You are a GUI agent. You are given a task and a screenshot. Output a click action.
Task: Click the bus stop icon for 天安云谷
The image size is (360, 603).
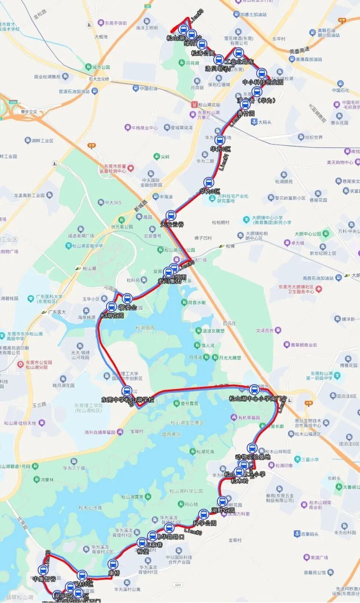[x=171, y=216]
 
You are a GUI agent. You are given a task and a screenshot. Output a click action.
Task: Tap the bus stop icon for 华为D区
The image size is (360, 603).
[x=208, y=183]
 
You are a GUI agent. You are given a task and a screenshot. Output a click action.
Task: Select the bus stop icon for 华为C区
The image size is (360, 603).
[x=220, y=140]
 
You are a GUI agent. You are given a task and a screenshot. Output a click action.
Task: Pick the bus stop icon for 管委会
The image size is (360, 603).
[x=127, y=299]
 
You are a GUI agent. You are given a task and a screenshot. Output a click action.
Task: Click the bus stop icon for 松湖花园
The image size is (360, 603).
[x=111, y=307]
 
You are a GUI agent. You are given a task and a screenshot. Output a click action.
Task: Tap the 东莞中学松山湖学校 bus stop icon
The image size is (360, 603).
[x=127, y=391]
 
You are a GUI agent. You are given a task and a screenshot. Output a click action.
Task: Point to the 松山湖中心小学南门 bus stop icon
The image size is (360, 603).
[x=254, y=390]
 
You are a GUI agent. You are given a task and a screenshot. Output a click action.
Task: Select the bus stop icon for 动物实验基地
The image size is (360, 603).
[x=252, y=448]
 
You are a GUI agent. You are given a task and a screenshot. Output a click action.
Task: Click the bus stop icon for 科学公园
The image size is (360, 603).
[x=204, y=514]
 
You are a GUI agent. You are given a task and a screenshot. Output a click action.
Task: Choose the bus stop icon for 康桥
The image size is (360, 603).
[x=113, y=564]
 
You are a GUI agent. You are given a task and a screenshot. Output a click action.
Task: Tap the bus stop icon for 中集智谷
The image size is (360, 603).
[x=44, y=570]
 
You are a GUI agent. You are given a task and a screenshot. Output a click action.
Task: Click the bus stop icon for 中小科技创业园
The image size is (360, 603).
[x=261, y=73]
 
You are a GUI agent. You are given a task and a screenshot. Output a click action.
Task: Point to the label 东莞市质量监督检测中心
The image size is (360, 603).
[x=115, y=169]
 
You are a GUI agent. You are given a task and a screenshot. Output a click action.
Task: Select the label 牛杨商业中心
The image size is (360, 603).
[x=144, y=128]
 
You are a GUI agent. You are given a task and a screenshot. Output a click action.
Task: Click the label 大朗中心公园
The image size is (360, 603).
[x=308, y=234]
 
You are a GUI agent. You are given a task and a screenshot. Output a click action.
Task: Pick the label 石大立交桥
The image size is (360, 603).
[x=99, y=79]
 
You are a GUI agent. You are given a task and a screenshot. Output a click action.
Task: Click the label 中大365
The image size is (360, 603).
[x=113, y=202]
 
